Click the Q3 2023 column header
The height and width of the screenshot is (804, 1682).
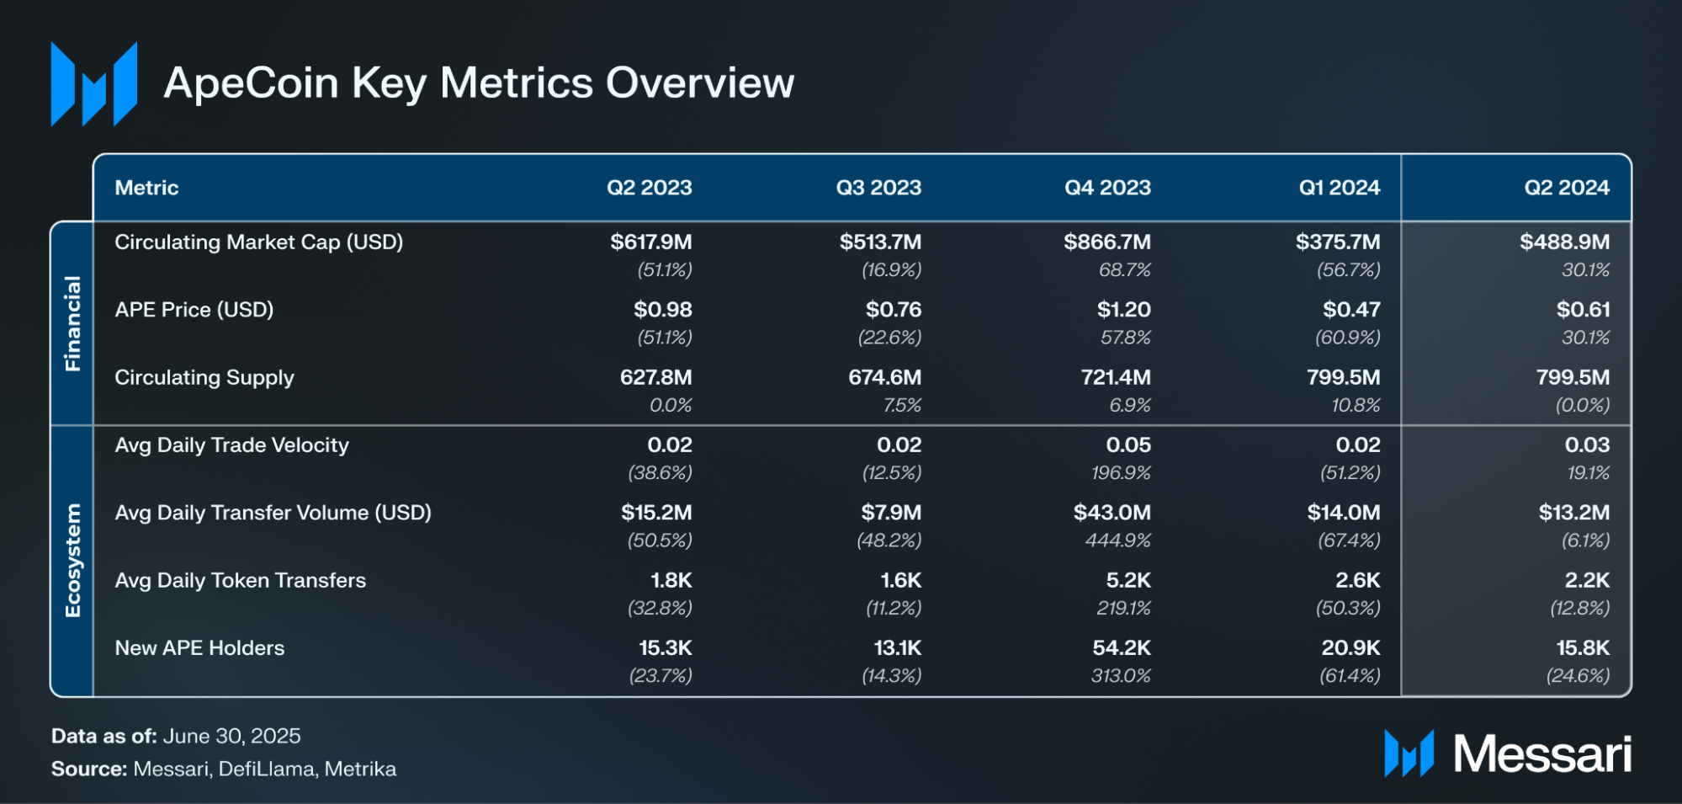click(x=878, y=188)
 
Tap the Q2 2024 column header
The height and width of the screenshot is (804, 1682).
click(x=1566, y=188)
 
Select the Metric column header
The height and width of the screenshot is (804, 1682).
click(x=146, y=188)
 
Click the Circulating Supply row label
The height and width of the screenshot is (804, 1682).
click(x=204, y=377)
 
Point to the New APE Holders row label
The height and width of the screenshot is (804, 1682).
click(x=199, y=648)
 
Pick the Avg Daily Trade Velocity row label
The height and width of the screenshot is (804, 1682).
click(x=231, y=445)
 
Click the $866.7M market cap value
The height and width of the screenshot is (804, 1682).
click(x=1106, y=242)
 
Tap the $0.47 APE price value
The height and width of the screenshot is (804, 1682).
click(x=1350, y=310)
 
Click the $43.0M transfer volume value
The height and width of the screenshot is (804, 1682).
click(x=1112, y=513)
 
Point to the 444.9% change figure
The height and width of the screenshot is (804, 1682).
click(x=1117, y=540)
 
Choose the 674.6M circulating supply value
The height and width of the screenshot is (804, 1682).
click(x=884, y=377)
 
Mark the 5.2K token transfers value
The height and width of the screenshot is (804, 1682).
click(x=1128, y=581)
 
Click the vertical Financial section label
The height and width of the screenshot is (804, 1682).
click(x=73, y=323)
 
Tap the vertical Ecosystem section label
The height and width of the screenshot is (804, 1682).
click(x=73, y=561)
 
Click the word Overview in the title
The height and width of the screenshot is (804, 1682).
click(x=700, y=83)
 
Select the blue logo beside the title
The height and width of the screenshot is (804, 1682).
click(x=93, y=84)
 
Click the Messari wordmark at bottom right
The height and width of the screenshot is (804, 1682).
click(x=1541, y=753)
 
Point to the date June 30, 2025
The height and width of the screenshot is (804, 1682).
click(x=231, y=737)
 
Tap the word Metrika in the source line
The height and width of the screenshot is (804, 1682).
click(x=360, y=769)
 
